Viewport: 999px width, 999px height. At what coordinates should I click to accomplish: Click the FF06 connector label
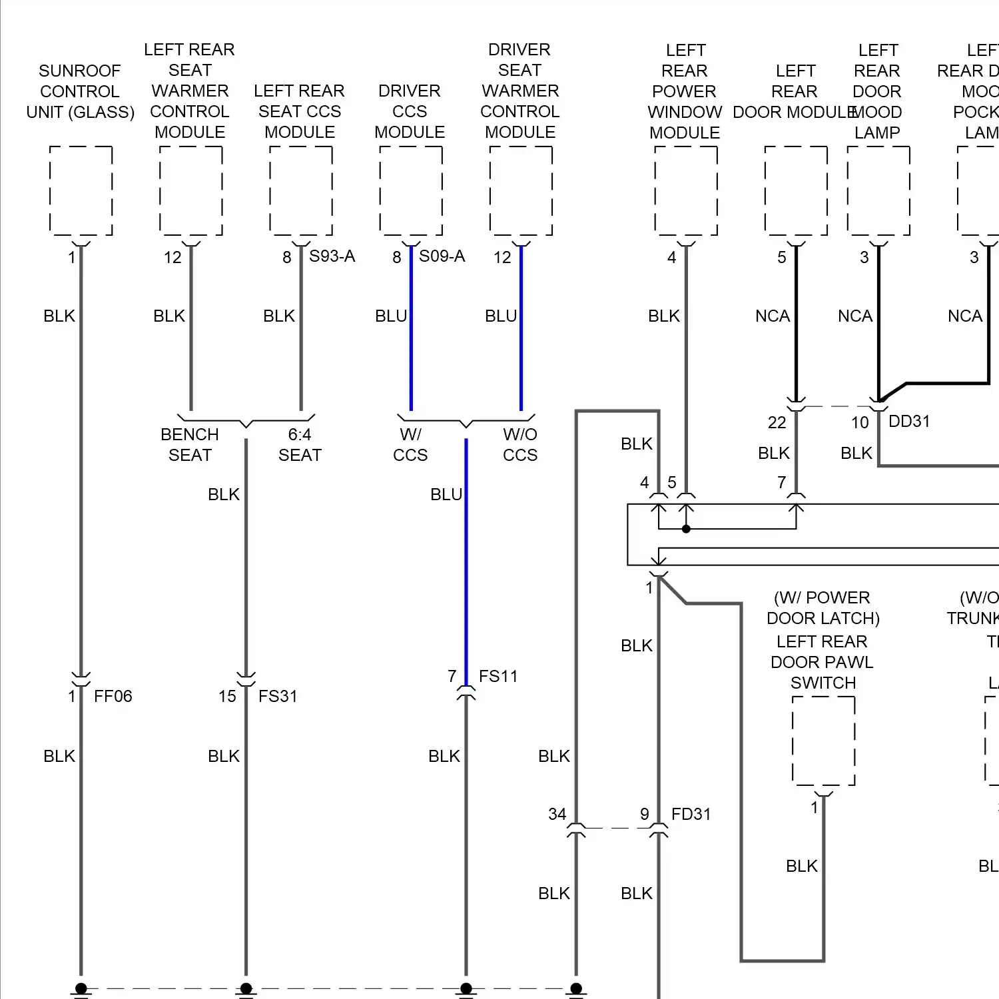113,696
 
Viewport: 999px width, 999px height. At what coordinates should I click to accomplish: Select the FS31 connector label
277,696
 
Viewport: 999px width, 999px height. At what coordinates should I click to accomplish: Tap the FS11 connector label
498,676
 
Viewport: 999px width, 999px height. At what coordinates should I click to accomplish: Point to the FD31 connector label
691,814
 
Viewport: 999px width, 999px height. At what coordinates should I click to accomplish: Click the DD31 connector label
908,421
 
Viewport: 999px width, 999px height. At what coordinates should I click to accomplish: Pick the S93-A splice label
332,256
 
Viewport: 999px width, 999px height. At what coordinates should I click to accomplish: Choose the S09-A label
442,256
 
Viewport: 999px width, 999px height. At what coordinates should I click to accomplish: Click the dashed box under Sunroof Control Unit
81,191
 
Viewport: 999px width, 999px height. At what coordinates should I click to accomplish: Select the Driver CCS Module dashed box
411,191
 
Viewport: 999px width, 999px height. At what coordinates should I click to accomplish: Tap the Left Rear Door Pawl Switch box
823,741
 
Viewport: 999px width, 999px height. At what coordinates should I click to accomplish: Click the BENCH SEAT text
190,445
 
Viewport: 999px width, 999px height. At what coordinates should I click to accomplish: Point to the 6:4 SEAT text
300,445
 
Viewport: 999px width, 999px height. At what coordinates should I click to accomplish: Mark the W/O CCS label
519,445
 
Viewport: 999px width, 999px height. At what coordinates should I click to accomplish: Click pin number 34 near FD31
557,814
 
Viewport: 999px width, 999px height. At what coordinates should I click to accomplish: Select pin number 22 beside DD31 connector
777,422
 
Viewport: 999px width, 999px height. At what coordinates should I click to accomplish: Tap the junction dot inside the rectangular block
686,529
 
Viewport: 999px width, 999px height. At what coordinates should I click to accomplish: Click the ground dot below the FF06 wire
81,988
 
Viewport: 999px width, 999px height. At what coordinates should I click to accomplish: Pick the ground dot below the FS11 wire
466,988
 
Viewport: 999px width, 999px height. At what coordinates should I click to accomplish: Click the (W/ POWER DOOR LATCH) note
823,608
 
